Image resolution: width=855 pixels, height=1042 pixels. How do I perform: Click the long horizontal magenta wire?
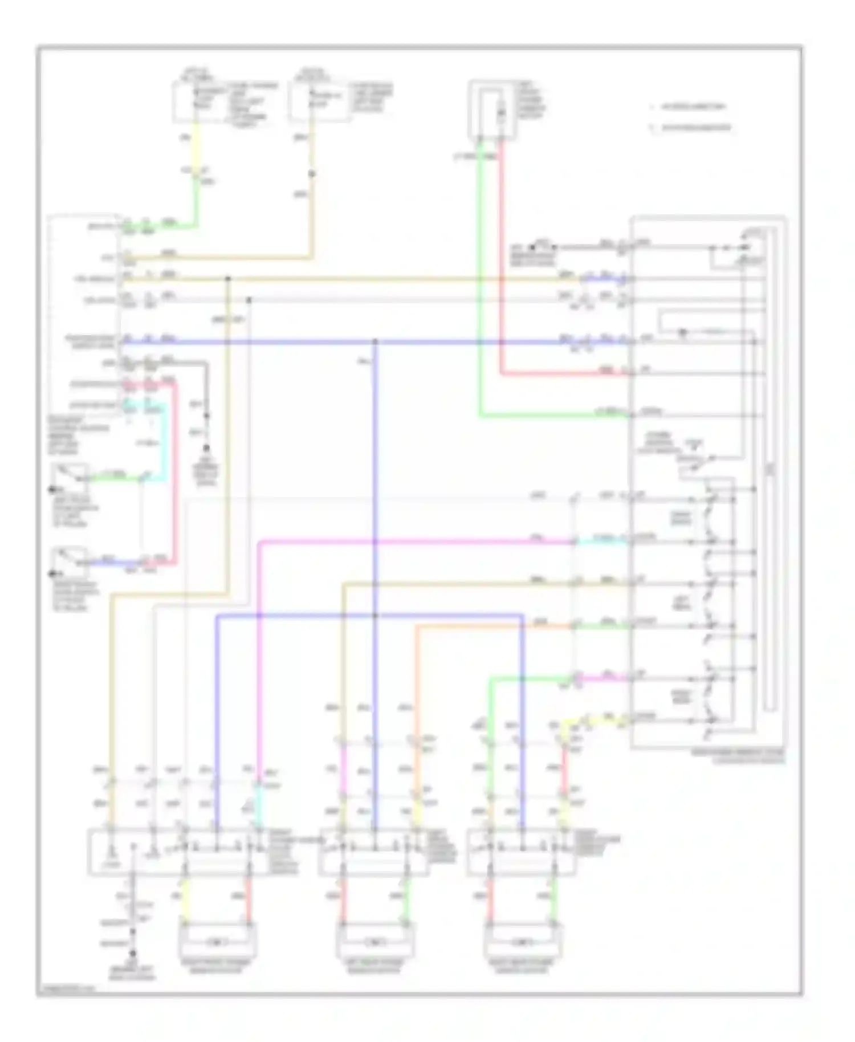point(416,542)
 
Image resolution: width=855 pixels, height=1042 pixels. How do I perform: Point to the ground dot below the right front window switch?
point(133,953)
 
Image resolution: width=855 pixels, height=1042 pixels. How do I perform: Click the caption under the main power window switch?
point(738,756)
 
